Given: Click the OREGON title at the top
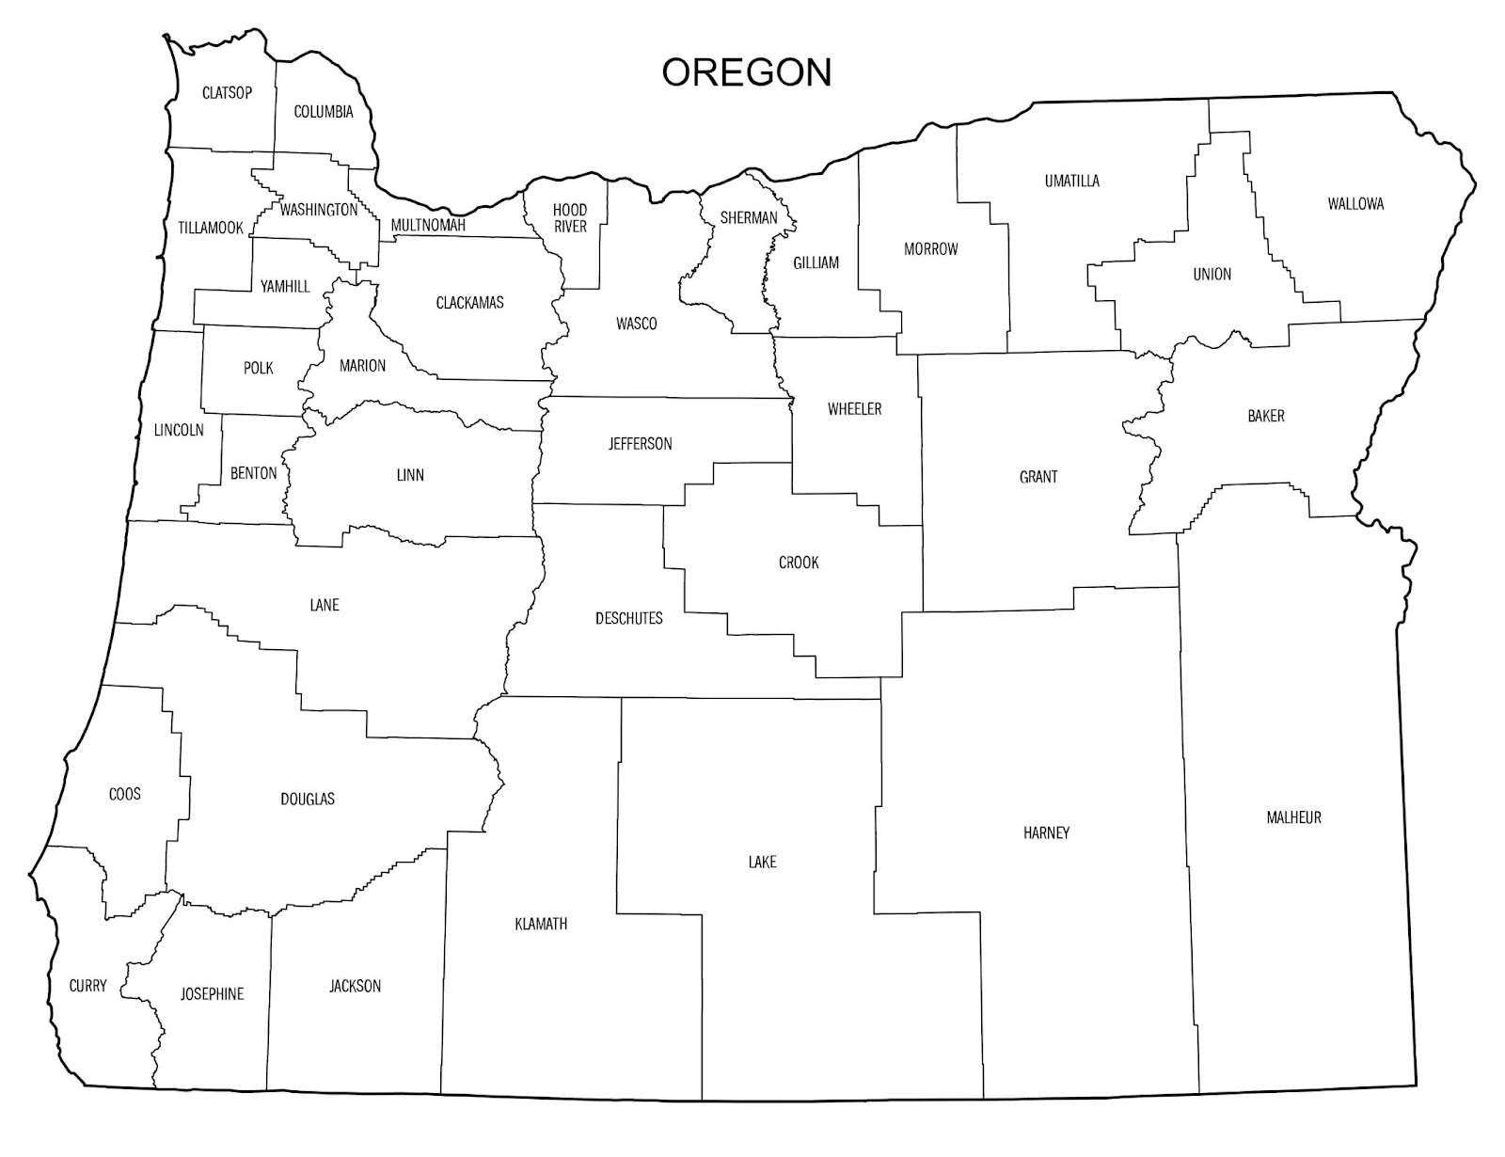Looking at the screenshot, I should tap(747, 72).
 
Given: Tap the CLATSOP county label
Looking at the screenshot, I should tap(227, 92).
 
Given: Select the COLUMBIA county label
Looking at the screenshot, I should tap(324, 112).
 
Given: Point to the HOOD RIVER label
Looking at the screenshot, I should tap(570, 217).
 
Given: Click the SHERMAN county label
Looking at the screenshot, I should tap(749, 217).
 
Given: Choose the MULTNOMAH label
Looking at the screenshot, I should tap(428, 225).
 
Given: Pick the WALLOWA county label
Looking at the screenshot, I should tap(1355, 203).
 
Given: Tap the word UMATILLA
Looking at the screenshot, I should tap(1071, 181).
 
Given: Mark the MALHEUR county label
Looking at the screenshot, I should tap(1293, 817).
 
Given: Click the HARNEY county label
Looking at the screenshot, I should tap(1046, 832).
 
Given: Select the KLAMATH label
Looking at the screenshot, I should tap(541, 924).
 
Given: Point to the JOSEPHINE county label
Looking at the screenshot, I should tap(212, 993).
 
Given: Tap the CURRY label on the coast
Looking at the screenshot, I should tap(87, 986).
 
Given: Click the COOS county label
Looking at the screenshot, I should tap(125, 794).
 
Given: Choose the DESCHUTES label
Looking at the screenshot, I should tap(628, 618).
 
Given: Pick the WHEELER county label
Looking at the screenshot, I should tap(854, 408).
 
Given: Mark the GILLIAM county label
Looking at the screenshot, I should tap(816, 262).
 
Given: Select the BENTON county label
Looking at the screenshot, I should tap(254, 473).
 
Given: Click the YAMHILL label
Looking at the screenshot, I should tap(285, 286).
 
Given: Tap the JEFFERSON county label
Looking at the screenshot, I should tap(640, 443).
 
